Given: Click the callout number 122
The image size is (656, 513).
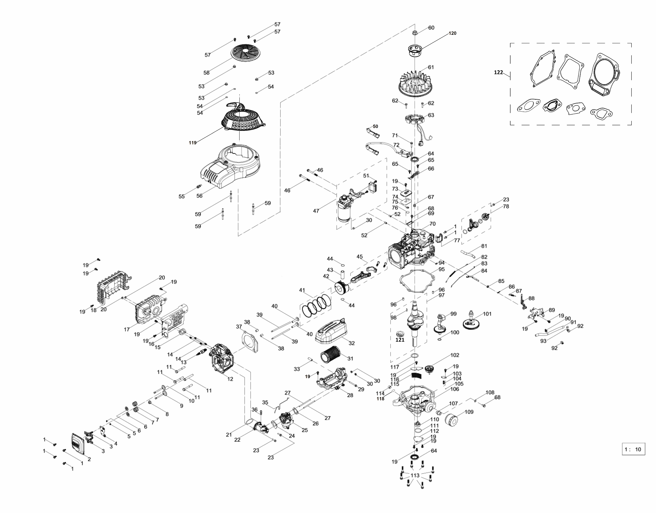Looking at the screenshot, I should [x=498, y=72].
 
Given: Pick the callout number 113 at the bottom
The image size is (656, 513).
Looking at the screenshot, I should [x=415, y=475].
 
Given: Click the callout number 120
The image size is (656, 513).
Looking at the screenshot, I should [x=452, y=33].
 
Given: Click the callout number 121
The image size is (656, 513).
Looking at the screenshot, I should [x=400, y=340].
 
